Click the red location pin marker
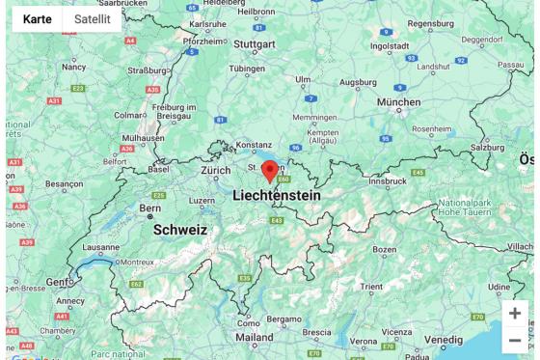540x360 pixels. [270, 171]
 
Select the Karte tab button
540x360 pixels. [38, 19]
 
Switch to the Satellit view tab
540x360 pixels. [93, 19]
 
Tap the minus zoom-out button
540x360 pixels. [515, 340]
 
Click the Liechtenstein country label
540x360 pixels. [277, 195]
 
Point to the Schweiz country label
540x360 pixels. [180, 230]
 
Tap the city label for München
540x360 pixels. [398, 101]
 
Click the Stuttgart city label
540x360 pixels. [255, 44]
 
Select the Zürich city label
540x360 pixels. [216, 171]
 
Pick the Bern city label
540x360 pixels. [149, 208]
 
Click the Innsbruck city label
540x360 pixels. [387, 180]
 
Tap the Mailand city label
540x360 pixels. [254, 338]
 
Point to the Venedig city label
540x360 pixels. [444, 341]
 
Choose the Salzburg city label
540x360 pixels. [488, 148]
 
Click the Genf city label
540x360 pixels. [59, 282]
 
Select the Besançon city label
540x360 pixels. [65, 183]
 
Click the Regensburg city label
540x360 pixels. [431, 24]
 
